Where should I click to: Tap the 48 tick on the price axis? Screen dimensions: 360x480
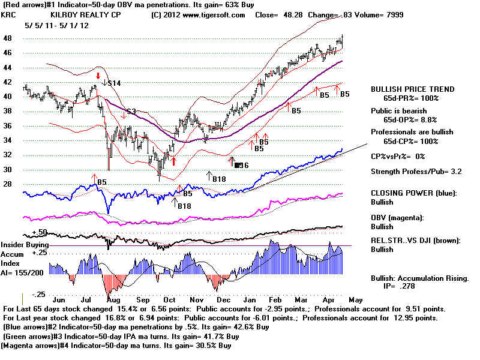[9, 37]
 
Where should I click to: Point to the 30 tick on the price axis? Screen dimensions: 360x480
[9, 170]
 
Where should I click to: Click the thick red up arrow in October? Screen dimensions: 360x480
[173, 160]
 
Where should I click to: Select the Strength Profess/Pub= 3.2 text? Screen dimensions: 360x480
[419, 172]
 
